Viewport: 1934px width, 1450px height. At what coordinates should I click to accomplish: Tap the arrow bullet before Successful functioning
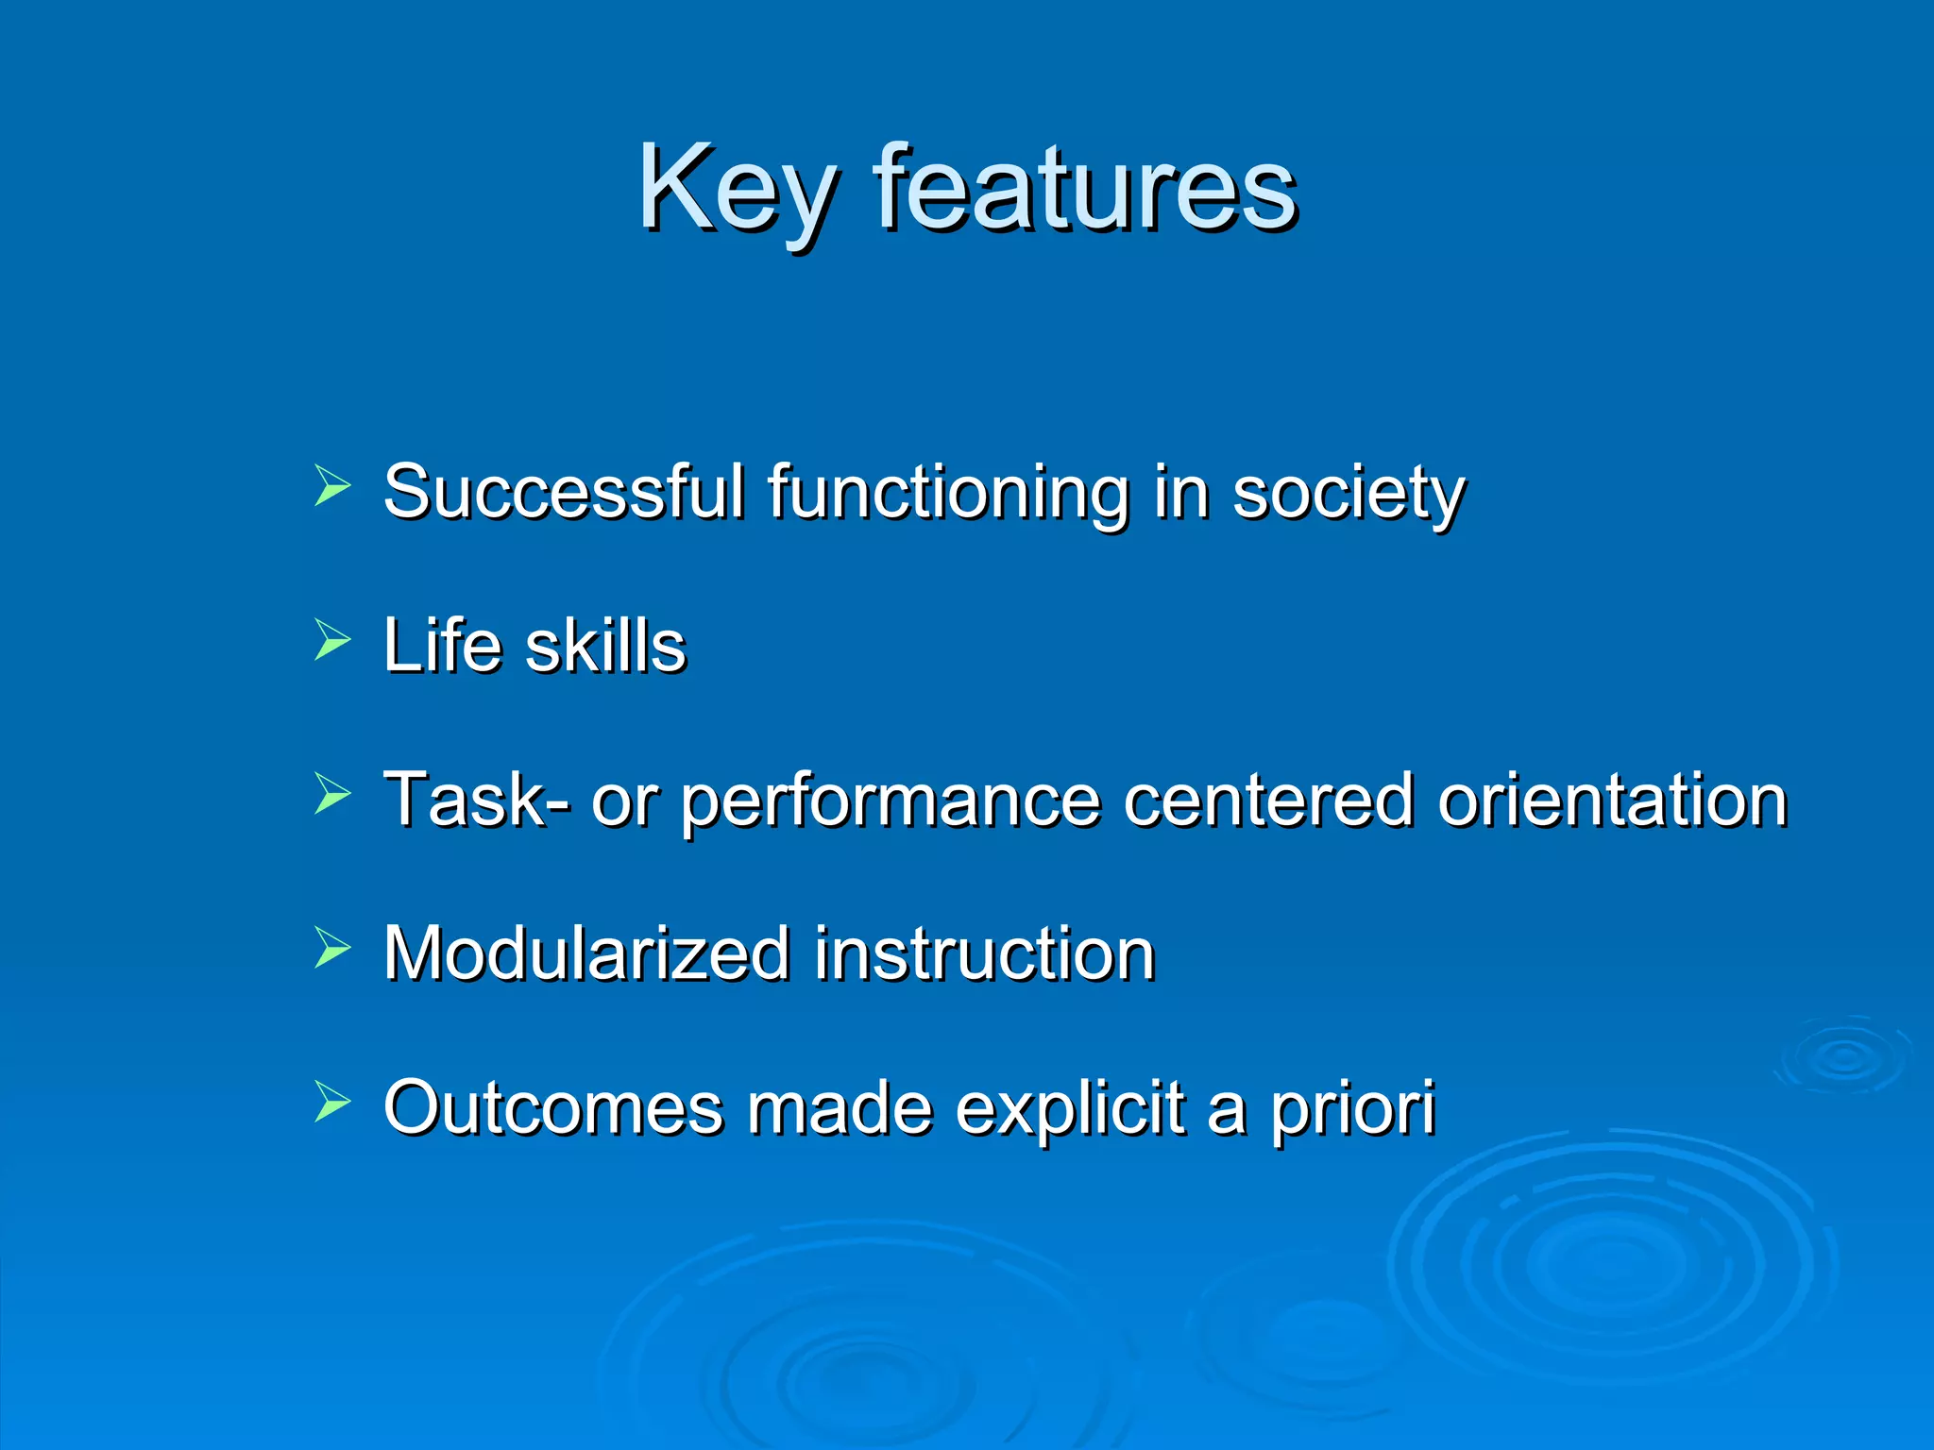point(331,487)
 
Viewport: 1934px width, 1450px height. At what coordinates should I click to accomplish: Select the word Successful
point(564,492)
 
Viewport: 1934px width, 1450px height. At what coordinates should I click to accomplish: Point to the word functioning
point(947,494)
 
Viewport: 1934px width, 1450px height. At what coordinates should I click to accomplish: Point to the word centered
point(1268,800)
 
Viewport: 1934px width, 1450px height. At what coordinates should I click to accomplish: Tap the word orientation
point(1612,800)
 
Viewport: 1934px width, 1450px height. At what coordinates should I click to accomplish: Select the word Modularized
point(586,953)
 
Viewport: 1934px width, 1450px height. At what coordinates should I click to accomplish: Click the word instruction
point(985,953)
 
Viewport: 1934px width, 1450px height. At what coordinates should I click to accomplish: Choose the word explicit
point(1069,1108)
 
